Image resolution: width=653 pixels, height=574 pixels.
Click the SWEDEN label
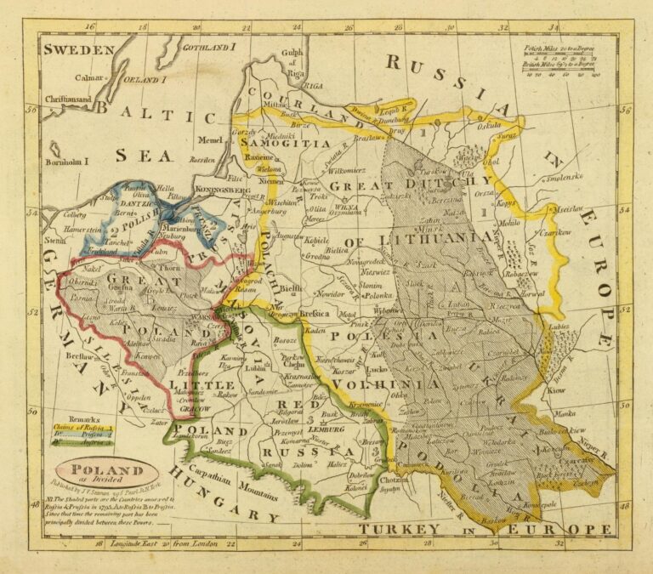[79, 50]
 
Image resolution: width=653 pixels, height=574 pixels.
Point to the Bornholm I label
[67, 161]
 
